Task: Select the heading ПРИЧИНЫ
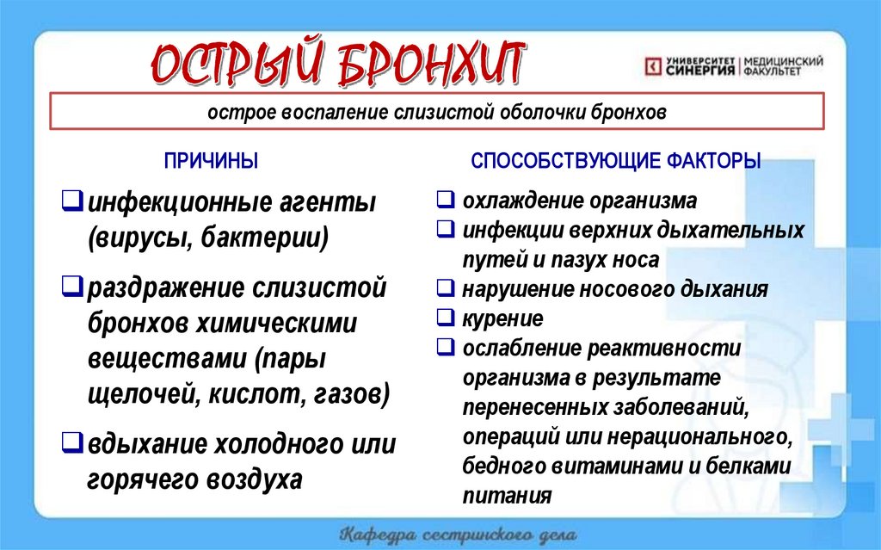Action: click(x=211, y=161)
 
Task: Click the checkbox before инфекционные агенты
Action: click(x=72, y=204)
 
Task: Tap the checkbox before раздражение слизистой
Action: click(x=72, y=285)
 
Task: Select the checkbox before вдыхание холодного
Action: click(x=72, y=445)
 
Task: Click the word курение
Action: click(x=502, y=319)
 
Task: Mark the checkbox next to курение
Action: click(x=445, y=318)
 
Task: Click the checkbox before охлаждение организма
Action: click(x=445, y=201)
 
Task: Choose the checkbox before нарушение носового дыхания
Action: click(x=445, y=289)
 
